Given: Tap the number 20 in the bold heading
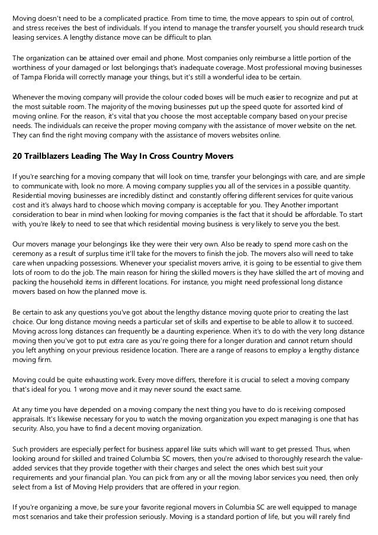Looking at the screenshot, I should click(18, 156).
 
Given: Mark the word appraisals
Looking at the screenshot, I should click(31, 418).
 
